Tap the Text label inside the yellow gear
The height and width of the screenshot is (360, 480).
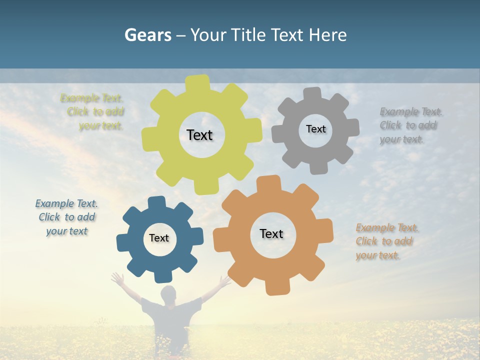[199, 135]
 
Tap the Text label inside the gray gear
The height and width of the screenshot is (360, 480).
[315, 129]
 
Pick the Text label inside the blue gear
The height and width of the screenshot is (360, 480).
[159, 238]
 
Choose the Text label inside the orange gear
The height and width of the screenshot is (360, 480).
[271, 233]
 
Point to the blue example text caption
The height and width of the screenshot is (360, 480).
[67, 217]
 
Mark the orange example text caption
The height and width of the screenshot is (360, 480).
[386, 241]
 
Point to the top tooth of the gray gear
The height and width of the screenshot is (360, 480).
[312, 93]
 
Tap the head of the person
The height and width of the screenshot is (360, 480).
[168, 294]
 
